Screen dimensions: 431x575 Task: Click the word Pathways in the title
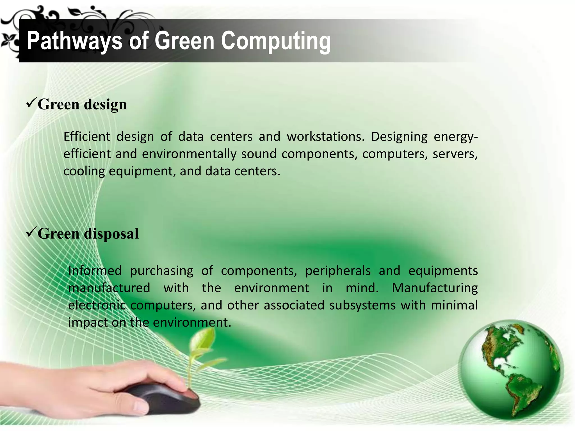coord(74,41)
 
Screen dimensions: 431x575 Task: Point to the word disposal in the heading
coord(111,234)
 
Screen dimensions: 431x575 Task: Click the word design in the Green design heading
coord(105,105)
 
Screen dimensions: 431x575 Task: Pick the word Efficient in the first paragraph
coord(87,137)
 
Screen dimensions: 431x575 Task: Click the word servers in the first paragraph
coord(455,154)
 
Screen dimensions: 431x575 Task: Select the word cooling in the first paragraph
coord(84,171)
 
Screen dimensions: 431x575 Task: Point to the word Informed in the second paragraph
coord(95,271)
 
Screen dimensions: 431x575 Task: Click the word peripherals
coord(338,271)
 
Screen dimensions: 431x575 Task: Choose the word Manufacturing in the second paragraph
coord(435,288)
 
